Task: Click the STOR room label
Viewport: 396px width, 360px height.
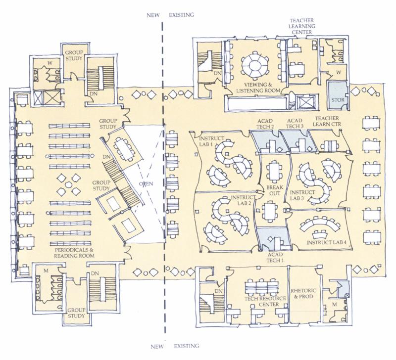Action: tap(338, 100)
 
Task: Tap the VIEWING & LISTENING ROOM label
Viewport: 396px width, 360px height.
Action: tap(258, 88)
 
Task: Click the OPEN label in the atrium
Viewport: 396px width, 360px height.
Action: tap(146, 183)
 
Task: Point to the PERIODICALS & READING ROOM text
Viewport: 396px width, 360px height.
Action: tap(74, 253)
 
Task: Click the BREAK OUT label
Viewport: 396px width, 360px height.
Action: tap(275, 190)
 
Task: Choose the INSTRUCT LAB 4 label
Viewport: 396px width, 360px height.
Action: tap(326, 242)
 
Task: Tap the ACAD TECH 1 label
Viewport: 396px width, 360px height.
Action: tap(275, 258)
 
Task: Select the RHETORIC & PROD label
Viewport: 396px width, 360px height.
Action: tap(303, 294)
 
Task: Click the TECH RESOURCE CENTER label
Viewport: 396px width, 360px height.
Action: tap(265, 302)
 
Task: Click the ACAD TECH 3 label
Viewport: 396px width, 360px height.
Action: tap(295, 124)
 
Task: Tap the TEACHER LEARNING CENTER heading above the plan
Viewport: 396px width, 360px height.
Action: tap(302, 26)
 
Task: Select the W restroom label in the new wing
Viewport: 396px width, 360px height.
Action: tap(50, 63)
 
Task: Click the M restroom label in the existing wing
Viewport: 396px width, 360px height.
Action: tap(335, 305)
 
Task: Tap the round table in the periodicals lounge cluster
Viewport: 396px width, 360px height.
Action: tap(68, 185)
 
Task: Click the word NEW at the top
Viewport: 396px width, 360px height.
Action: tap(153, 15)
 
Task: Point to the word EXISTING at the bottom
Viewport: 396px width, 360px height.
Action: tap(187, 346)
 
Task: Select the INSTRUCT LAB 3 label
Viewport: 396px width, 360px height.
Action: tap(302, 195)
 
